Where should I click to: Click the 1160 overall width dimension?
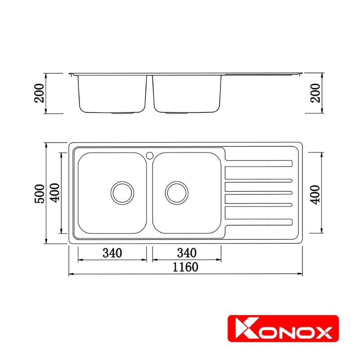pos(184,267)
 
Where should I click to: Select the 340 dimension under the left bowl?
pos(112,253)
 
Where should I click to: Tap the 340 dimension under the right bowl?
pos(187,253)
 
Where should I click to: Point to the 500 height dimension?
pos(40,193)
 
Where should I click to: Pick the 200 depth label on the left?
pos(40,93)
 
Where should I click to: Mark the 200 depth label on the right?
pos(317,93)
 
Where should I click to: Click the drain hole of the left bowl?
pos(122,193)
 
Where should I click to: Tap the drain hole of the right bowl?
pos(177,193)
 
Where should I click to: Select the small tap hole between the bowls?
pos(149,155)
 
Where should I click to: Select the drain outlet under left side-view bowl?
pos(122,113)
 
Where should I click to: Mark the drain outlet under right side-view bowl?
pos(177,113)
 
